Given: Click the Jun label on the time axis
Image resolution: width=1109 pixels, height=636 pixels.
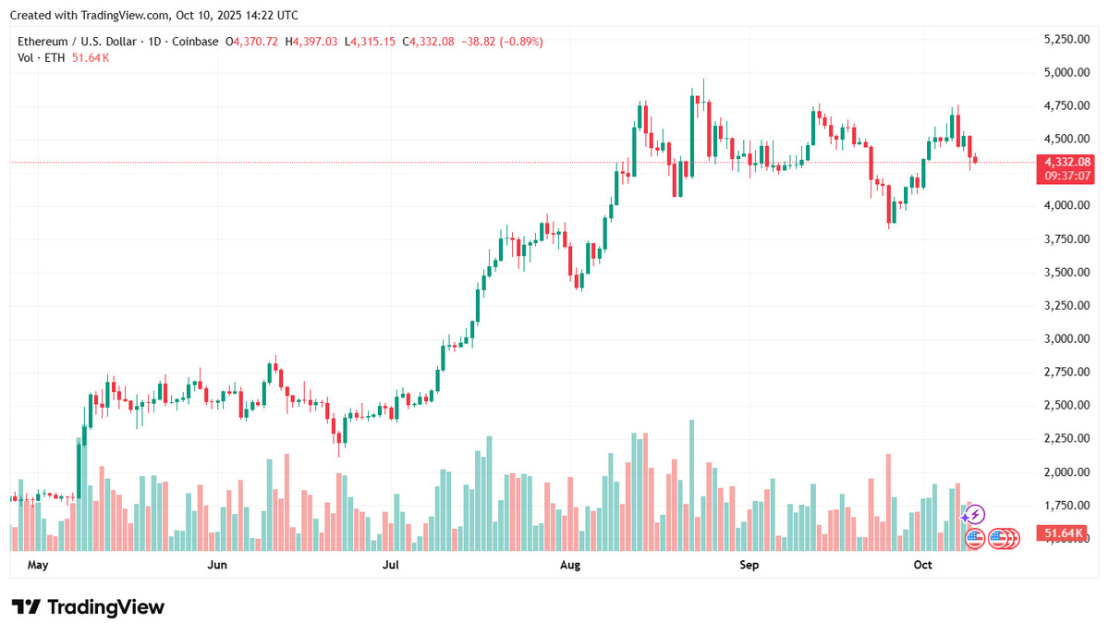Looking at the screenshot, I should tap(217, 563).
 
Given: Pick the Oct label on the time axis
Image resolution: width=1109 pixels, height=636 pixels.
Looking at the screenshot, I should tap(924, 563).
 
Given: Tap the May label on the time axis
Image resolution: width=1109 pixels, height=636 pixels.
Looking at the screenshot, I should tap(38, 563).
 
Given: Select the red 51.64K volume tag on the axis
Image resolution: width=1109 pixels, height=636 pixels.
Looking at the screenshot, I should tap(1064, 534).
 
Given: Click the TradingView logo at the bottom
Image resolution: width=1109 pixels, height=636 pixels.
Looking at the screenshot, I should tap(89, 607).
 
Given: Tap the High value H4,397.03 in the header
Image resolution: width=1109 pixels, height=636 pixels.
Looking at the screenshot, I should tap(311, 42).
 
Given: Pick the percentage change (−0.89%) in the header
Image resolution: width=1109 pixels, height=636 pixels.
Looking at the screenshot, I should tap(519, 42).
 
